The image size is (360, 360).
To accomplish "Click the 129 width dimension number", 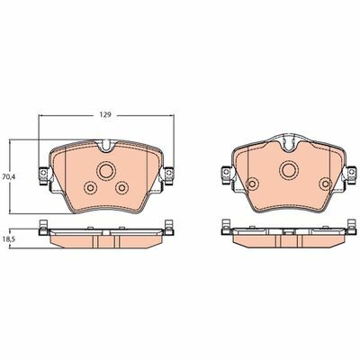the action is pos(106,115).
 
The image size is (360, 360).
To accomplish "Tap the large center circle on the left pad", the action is pos(106,171).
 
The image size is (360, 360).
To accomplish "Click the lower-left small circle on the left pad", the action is pos(90,188).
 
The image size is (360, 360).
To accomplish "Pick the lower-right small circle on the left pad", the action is pos(121,188).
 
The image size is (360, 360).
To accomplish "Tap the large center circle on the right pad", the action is pos(289,170).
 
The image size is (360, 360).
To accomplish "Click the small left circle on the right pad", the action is pos(252,184).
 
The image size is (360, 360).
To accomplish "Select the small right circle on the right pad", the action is pos(326,184).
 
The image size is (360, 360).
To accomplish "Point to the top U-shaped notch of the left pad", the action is pos(106,146).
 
